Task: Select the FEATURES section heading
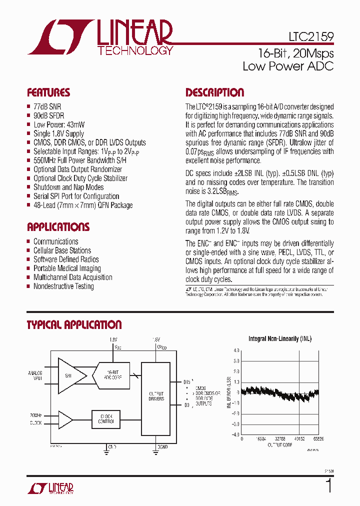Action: pyautogui.click(x=48, y=93)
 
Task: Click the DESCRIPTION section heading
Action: pyautogui.click(x=214, y=93)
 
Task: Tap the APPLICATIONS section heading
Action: pyautogui.click(x=58, y=227)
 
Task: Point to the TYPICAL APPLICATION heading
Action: pyautogui.click(x=74, y=325)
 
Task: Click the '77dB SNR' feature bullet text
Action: pyautogui.click(x=47, y=106)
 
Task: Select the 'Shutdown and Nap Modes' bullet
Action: pyautogui.click(x=68, y=187)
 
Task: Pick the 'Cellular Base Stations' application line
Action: pyautogui.click(x=62, y=250)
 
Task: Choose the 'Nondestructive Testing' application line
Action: pyautogui.click(x=63, y=286)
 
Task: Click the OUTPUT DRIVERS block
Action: pyautogui.click(x=156, y=396)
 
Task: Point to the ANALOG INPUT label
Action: pyautogui.click(x=35, y=375)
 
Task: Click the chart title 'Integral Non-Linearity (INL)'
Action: pyautogui.click(x=279, y=339)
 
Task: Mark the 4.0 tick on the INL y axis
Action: pyautogui.click(x=236, y=350)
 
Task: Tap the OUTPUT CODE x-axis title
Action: pyautogui.click(x=279, y=444)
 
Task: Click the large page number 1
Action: pyautogui.click(x=328, y=486)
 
